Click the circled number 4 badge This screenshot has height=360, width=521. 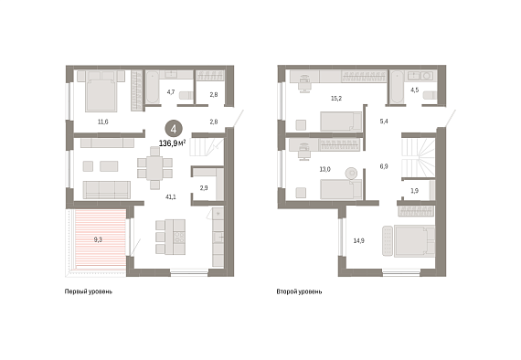pyautogui.click(x=174, y=129)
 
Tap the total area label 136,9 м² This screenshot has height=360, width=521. pyautogui.click(x=172, y=143)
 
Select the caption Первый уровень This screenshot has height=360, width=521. pyautogui.click(x=89, y=291)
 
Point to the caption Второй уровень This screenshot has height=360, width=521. pyautogui.click(x=299, y=291)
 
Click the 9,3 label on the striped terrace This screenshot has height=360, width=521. pyautogui.click(x=98, y=239)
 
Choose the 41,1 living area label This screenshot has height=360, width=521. pyautogui.click(x=171, y=197)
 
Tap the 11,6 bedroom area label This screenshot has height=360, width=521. pyautogui.click(x=102, y=122)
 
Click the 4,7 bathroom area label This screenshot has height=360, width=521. pyautogui.click(x=171, y=92)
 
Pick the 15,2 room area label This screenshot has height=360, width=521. pyautogui.click(x=336, y=99)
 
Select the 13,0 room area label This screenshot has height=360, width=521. pyautogui.click(x=325, y=169)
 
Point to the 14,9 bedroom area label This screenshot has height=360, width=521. pyautogui.click(x=359, y=241)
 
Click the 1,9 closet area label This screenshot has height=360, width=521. pyautogui.click(x=415, y=191)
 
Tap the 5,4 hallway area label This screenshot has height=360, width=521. pyautogui.click(x=384, y=122)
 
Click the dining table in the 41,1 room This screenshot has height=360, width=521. pyautogui.click(x=154, y=168)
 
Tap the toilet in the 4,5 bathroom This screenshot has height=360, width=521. pyautogui.click(x=430, y=95)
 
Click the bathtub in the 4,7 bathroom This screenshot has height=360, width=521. pyautogui.click(x=153, y=87)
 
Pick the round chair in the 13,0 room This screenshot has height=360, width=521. pyautogui.click(x=351, y=173)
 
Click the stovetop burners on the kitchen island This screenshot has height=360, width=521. pyautogui.click(x=179, y=237)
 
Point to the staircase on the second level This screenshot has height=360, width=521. pyautogui.click(x=419, y=158)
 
